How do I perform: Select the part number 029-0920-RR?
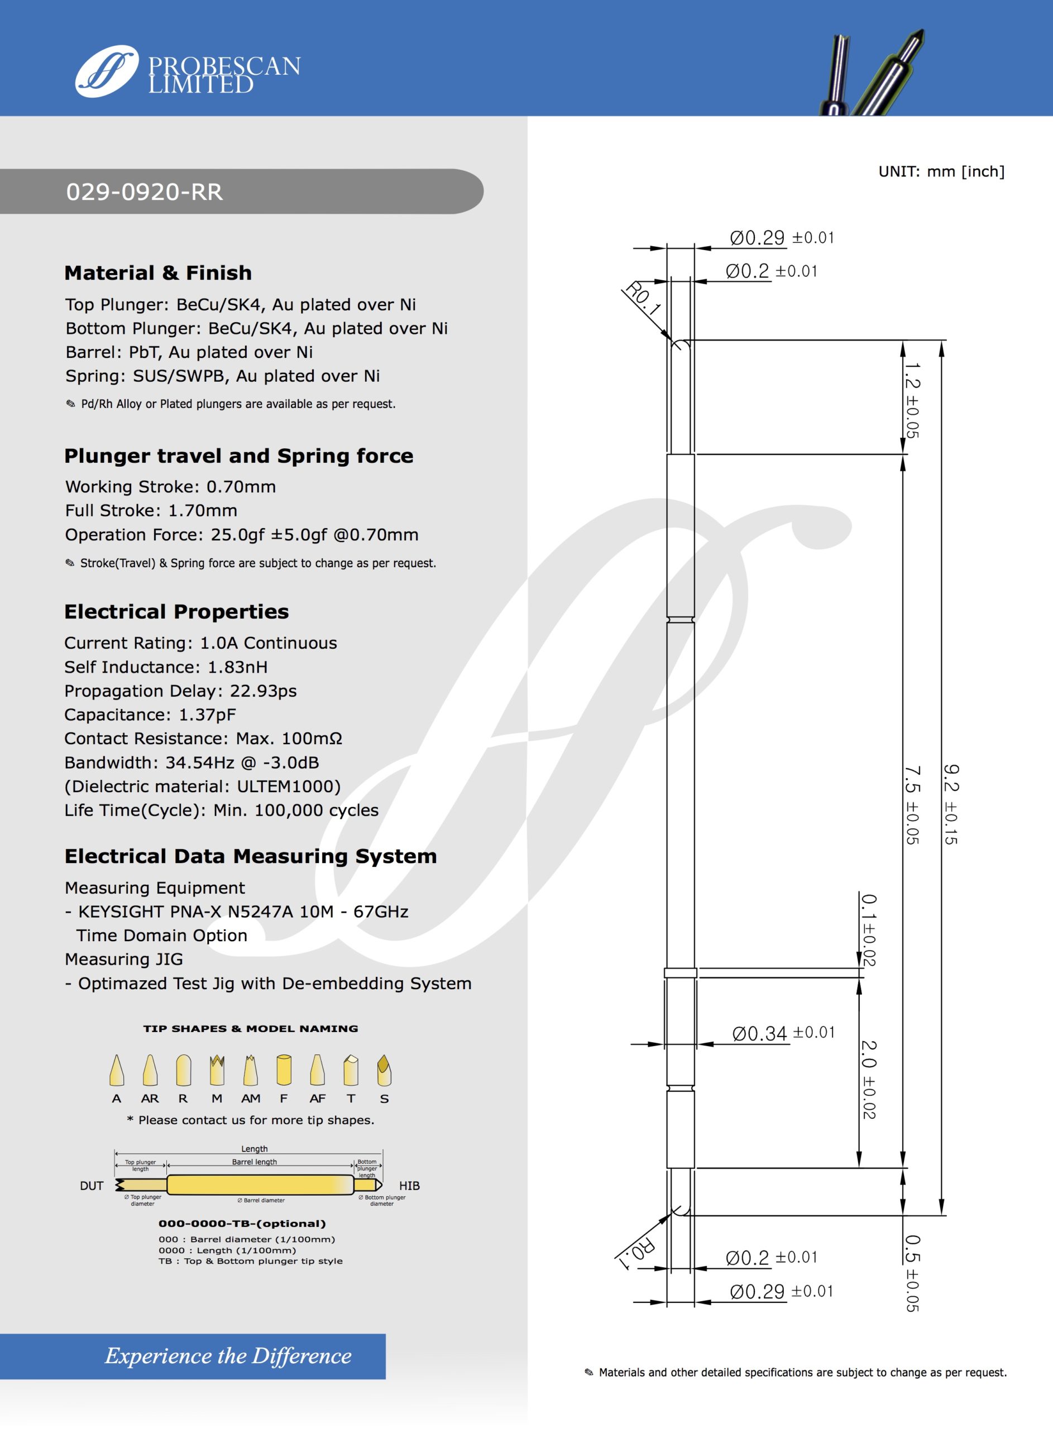145,192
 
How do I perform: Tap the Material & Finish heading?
158,272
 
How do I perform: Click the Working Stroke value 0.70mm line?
170,487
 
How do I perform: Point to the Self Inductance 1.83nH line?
166,667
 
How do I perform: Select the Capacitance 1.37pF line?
150,715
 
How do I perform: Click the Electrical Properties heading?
176,612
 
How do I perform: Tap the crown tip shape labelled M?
217,1070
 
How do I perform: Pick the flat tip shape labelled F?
284,1070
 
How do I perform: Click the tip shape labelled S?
384,1070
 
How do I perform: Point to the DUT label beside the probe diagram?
92,1186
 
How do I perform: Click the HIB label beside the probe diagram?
409,1186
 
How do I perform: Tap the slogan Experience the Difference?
228,1356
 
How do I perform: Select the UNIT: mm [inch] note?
941,171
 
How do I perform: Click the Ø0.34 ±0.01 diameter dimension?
783,1033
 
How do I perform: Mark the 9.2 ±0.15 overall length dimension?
950,804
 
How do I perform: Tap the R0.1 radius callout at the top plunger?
643,298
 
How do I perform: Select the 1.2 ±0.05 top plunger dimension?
912,400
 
